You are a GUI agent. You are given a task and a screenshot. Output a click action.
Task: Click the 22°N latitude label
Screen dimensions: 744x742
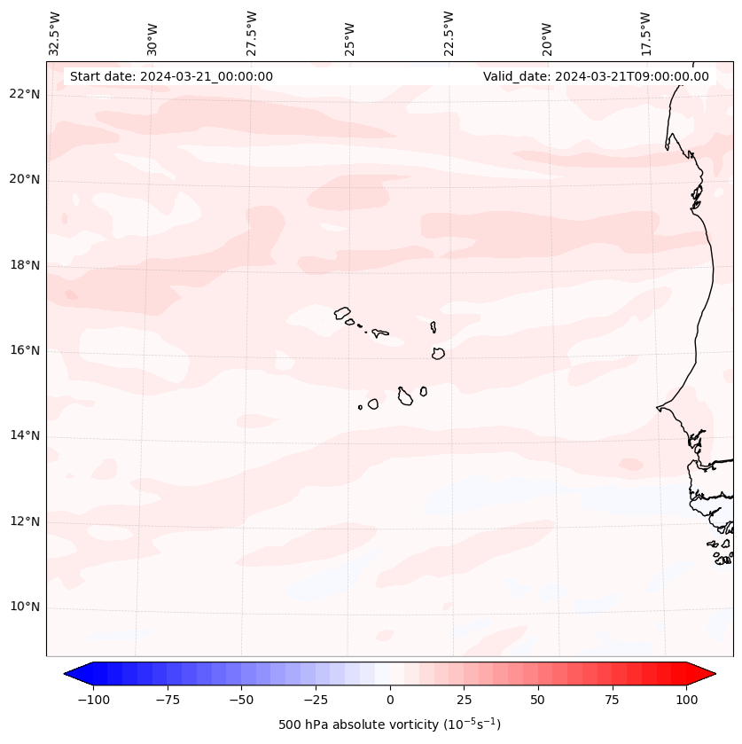24,94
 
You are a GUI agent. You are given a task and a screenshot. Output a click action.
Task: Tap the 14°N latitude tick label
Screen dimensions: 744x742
24,435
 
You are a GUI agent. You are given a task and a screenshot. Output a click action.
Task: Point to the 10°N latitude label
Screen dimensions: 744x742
24,607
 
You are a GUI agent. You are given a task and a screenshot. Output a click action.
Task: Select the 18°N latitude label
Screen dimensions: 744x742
24,265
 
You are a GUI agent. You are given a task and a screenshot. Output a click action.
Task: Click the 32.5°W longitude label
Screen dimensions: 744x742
55,33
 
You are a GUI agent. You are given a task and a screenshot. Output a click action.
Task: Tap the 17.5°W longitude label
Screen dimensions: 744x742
645,33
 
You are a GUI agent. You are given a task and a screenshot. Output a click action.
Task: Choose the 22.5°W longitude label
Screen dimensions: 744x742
449,33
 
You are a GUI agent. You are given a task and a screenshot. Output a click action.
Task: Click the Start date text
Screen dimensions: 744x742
171,76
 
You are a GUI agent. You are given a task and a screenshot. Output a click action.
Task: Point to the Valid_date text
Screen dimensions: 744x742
596,76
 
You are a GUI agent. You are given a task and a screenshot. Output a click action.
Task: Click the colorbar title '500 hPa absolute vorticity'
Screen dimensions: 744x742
389,724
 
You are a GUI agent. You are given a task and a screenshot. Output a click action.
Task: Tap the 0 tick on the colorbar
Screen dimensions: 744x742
390,700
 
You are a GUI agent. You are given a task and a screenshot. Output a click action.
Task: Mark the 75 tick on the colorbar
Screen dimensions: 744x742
612,700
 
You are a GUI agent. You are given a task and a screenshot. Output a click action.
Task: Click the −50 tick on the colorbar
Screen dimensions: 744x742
242,700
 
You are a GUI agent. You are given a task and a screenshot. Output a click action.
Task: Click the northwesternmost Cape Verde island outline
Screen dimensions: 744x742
342,312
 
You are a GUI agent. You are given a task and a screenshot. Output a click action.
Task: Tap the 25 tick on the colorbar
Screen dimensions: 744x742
464,700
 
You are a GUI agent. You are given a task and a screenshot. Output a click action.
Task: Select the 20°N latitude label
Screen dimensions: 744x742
24,179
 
